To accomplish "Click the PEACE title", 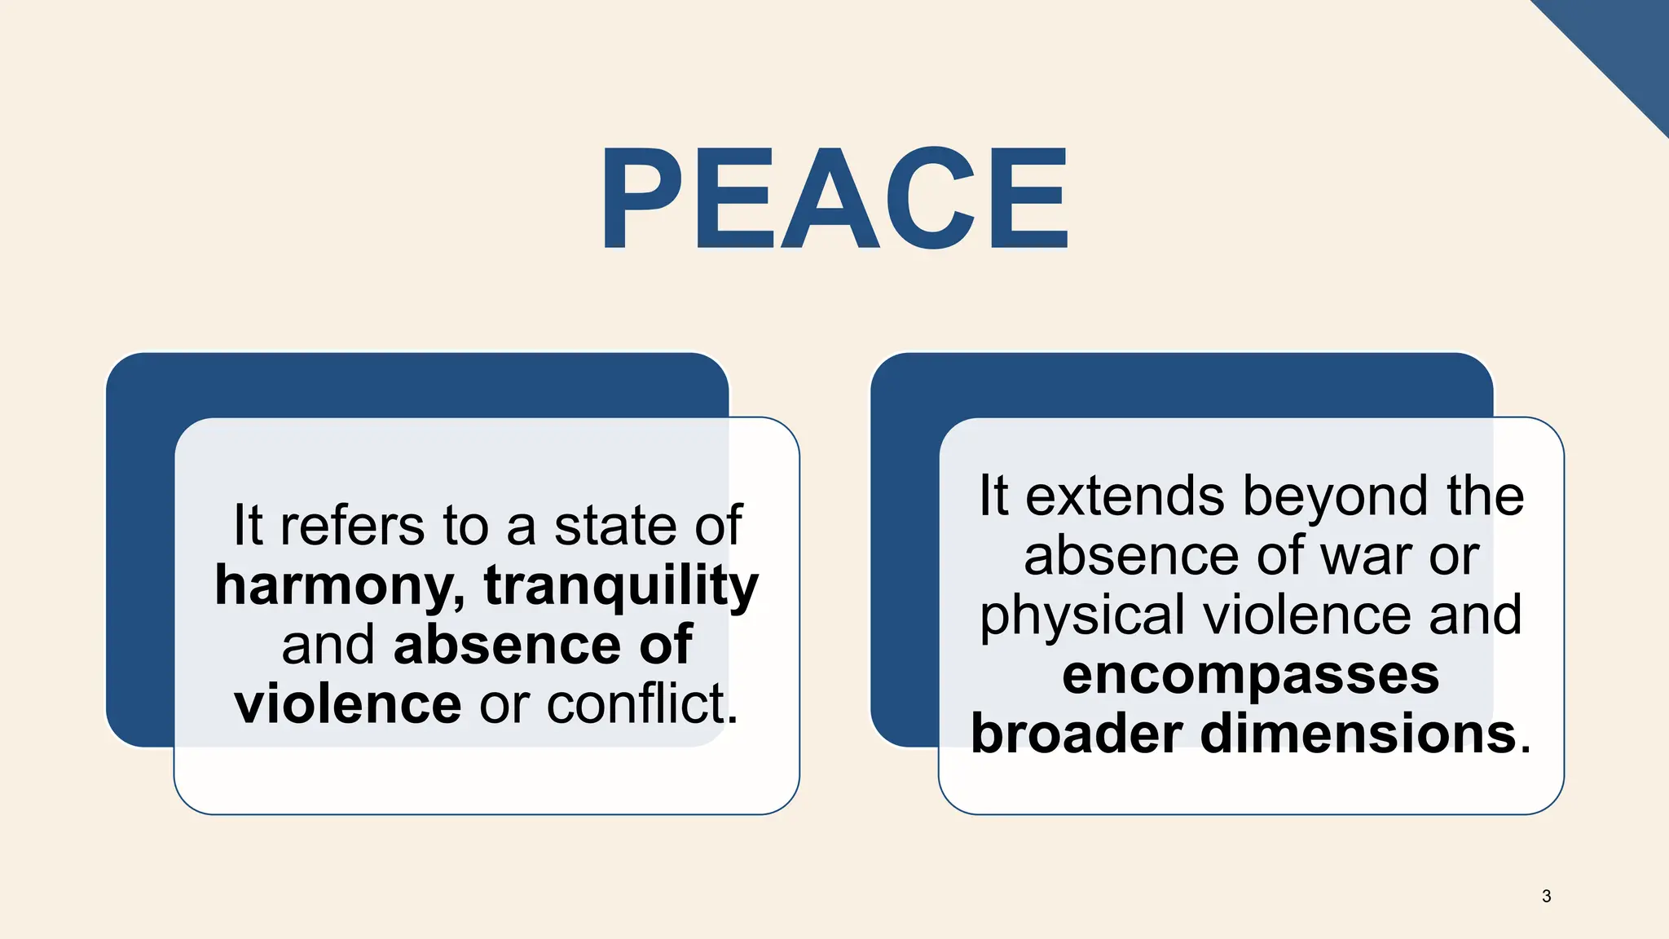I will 834,198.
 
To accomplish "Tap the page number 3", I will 1546,897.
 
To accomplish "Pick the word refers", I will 352,526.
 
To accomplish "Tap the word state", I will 615,526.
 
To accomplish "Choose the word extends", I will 1125,496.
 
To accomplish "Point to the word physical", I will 1082,615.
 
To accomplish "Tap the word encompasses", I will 1251,675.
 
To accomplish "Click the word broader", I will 1077,734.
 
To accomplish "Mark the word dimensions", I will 1359,734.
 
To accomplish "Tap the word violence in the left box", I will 348,703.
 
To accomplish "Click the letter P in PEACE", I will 641,198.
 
